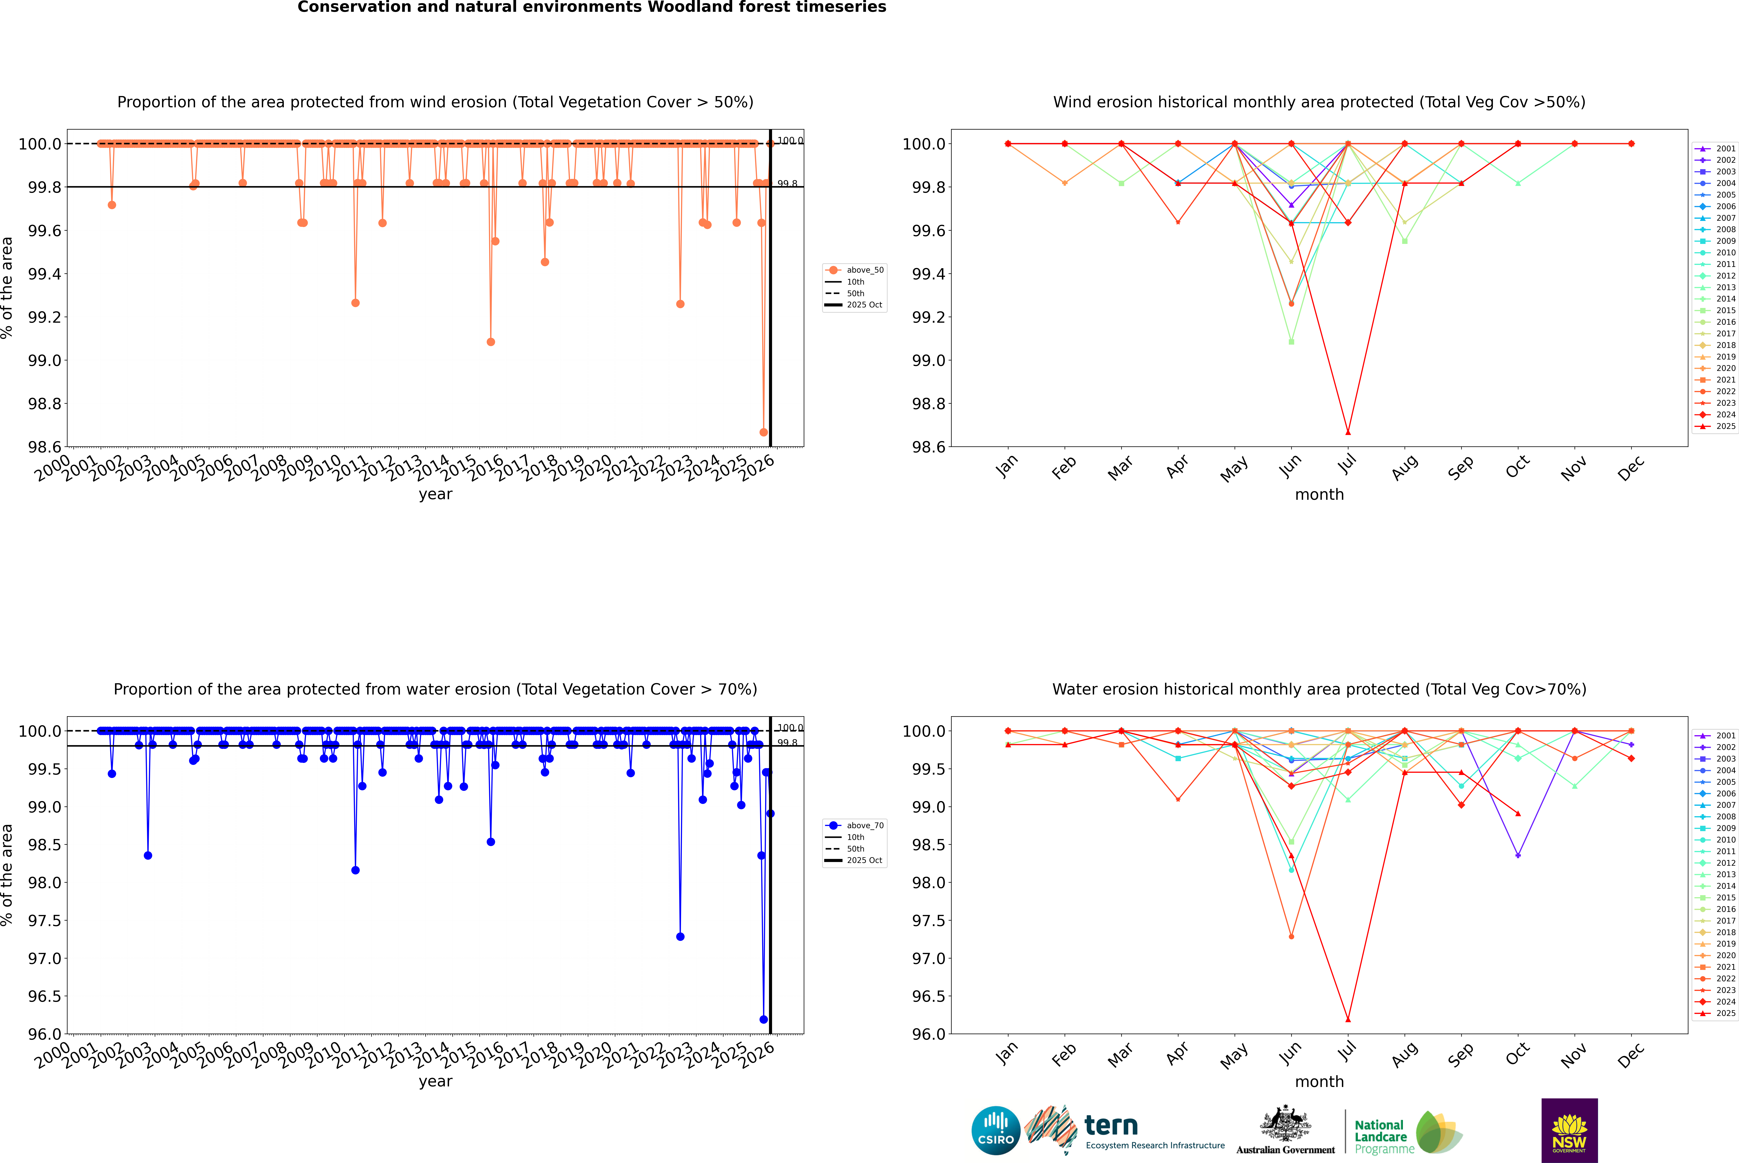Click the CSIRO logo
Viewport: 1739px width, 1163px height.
[996, 1130]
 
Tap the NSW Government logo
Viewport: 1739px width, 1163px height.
[1569, 1130]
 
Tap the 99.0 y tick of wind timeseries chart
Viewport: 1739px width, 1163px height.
[45, 360]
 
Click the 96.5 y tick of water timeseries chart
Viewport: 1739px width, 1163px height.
[45, 996]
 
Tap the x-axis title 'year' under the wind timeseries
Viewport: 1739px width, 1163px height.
[435, 494]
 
